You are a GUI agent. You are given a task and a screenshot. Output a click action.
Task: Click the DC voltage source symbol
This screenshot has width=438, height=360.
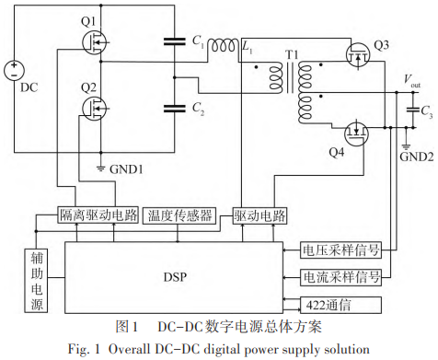[14, 71]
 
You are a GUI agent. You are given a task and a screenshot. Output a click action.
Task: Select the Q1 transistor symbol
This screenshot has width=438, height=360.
[94, 43]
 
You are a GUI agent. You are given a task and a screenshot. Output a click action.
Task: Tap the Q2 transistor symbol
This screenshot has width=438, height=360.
[94, 109]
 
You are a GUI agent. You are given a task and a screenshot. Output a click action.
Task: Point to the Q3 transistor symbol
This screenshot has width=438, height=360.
[358, 55]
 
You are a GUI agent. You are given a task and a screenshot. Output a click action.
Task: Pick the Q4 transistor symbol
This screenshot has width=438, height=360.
[356, 134]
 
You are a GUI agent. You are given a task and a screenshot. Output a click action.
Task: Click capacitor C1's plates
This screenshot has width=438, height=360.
[175, 41]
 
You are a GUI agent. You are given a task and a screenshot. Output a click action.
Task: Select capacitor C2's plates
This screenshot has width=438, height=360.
[175, 109]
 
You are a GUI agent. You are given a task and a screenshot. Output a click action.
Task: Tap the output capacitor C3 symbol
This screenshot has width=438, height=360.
[413, 110]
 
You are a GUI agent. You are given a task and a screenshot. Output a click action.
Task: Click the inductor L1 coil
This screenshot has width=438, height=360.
[224, 45]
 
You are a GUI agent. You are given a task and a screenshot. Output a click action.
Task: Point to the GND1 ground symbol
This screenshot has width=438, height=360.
[100, 168]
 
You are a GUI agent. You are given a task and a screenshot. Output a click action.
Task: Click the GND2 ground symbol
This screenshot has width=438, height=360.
[406, 146]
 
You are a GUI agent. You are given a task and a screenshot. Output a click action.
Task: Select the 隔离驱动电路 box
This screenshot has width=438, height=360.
[98, 215]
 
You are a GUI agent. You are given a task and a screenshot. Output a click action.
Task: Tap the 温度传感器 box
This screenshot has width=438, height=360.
[179, 215]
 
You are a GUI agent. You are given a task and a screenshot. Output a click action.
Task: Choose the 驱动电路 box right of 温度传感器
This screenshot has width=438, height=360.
[259, 215]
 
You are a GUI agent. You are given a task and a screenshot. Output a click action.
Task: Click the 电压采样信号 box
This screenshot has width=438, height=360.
[340, 250]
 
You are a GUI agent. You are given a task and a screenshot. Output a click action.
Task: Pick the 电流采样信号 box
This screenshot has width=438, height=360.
[340, 278]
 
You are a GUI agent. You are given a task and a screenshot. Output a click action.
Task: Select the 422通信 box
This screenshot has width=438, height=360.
[340, 305]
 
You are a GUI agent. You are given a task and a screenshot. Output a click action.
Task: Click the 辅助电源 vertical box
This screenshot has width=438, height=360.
[36, 281]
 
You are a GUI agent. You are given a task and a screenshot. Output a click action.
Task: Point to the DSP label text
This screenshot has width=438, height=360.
[175, 277]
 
